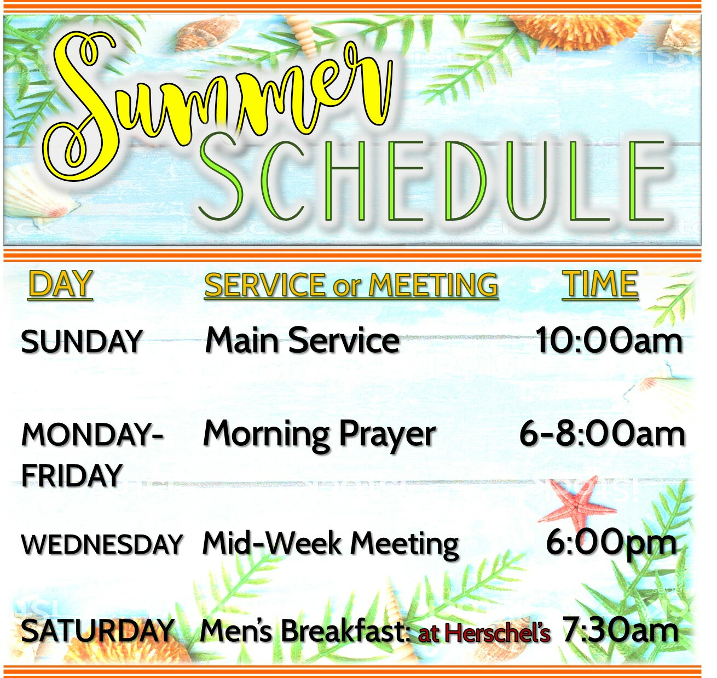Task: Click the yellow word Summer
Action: pos(217,105)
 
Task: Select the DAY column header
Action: pos(60,284)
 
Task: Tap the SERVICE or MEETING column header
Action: pos(351,285)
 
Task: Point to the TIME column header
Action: pos(600,284)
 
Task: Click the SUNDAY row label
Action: pos(81,342)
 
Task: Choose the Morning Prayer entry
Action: pos(320,435)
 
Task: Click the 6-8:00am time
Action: pos(602,434)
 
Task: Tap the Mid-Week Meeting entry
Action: pos(331,545)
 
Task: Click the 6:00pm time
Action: pos(611,544)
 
